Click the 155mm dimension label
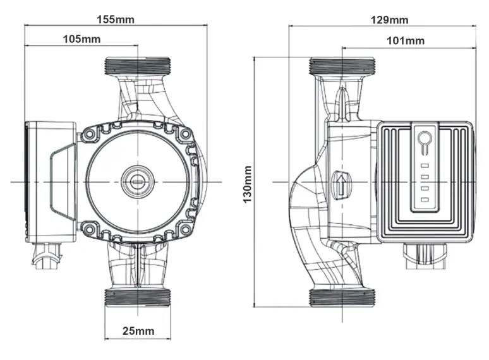coord(115,18)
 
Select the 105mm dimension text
coord(81,39)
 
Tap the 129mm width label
coord(389,20)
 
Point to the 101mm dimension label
coord(405,41)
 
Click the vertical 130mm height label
coord(248,184)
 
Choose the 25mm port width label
coord(137,331)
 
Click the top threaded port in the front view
coord(137,65)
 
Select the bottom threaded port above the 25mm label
coord(137,297)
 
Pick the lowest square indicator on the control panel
coord(425,200)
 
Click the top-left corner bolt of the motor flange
coord(88,135)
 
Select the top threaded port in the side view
coord(342,65)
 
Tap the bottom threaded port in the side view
coord(342,297)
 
